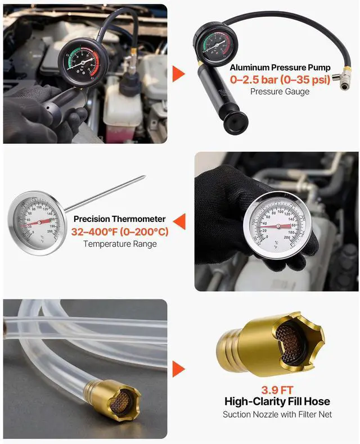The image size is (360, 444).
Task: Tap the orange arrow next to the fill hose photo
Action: [178, 369]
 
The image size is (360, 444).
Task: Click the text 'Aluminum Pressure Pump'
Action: [280, 68]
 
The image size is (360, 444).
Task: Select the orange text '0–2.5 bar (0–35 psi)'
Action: [280, 80]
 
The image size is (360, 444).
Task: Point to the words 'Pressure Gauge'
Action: [280, 92]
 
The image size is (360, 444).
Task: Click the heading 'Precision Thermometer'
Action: [119, 219]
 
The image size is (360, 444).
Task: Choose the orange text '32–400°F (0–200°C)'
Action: [119, 232]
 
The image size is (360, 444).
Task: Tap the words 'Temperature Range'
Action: [119, 243]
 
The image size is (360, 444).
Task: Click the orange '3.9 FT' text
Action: [277, 389]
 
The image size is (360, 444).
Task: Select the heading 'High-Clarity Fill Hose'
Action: [277, 401]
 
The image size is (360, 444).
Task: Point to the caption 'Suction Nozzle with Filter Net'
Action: [277, 415]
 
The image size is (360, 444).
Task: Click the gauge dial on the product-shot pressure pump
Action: [217, 46]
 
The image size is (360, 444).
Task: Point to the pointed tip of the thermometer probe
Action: [144, 178]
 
